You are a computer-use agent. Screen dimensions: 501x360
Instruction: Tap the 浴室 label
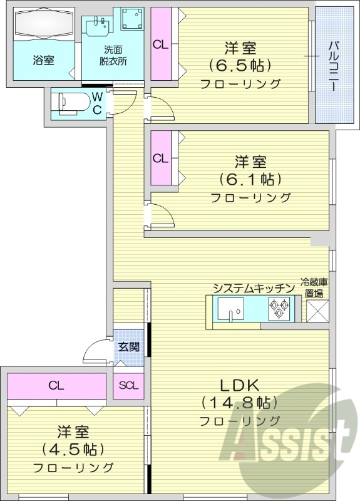(x=43, y=61)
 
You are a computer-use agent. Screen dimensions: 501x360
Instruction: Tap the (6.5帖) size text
(x=240, y=66)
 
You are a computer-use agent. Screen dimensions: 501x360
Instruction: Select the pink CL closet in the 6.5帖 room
(x=160, y=44)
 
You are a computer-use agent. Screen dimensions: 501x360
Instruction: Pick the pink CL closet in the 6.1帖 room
(x=160, y=158)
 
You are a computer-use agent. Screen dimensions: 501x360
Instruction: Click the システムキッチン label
(x=254, y=288)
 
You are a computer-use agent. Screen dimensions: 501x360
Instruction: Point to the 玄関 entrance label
(x=128, y=346)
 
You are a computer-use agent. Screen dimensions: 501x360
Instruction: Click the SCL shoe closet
(x=128, y=385)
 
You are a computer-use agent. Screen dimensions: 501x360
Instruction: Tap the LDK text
(x=239, y=384)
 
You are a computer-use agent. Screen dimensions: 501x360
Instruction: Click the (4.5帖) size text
(x=73, y=449)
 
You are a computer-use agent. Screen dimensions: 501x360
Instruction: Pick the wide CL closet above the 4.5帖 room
(x=56, y=386)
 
